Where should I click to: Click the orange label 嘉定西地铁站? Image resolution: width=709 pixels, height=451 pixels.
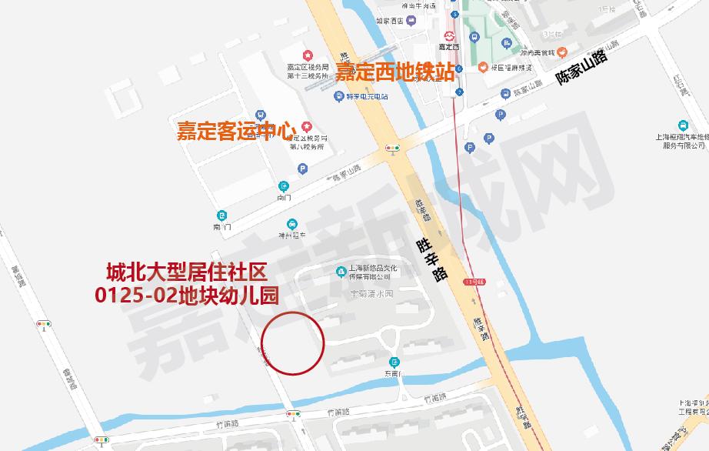tap(394, 72)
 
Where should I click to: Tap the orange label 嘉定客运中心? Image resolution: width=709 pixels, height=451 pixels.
tap(236, 130)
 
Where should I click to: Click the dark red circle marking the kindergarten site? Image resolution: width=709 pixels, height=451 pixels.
tap(293, 343)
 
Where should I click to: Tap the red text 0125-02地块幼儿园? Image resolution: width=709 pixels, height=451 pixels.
tap(186, 294)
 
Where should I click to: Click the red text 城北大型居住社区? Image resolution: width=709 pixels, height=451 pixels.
tap(186, 272)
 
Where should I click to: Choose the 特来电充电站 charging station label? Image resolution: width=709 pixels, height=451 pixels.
tap(366, 97)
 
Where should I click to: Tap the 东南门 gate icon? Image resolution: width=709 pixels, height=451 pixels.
tap(394, 362)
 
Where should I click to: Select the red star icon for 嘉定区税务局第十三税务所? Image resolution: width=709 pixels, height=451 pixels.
tap(308, 55)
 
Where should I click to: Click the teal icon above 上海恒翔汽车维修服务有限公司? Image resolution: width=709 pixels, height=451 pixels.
tap(683, 125)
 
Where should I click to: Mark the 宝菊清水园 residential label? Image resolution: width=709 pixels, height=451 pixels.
tap(371, 294)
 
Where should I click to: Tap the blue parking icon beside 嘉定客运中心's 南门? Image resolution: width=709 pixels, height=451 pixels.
tap(302, 169)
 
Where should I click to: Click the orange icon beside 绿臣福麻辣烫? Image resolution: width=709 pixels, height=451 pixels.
tap(482, 66)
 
